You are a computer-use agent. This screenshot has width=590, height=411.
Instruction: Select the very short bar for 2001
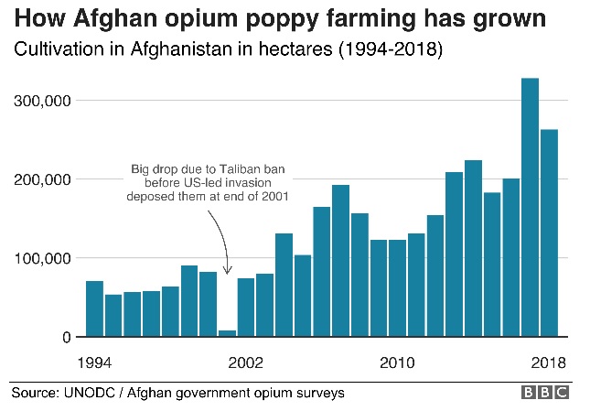tap(227, 333)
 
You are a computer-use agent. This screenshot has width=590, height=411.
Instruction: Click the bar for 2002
tap(246, 308)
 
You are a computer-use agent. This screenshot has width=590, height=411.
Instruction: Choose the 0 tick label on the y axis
tap(66, 338)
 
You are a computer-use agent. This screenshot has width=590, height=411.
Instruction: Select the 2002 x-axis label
tap(246, 362)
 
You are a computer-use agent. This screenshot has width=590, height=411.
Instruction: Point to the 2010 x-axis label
tap(397, 362)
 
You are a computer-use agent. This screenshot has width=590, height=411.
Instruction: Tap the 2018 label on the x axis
tap(548, 362)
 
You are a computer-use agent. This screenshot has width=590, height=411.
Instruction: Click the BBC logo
tap(544, 393)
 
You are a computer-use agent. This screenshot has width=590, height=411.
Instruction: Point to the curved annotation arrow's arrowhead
tap(228, 271)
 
